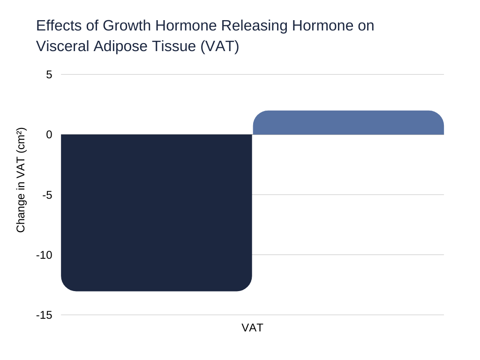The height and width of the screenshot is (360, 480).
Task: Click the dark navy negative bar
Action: (157, 212)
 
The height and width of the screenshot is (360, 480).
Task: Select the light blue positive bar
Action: (348, 122)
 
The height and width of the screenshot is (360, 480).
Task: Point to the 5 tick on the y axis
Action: (49, 75)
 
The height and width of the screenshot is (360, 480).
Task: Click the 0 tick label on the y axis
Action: (49, 135)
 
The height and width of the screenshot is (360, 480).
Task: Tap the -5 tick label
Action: (47, 195)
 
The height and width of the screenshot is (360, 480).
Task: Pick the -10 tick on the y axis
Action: (45, 255)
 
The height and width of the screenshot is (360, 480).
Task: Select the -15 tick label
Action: (45, 315)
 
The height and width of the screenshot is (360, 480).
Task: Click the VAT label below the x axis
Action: (252, 328)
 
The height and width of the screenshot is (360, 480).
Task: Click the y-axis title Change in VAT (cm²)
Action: (21, 180)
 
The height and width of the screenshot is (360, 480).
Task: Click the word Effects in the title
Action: (59, 25)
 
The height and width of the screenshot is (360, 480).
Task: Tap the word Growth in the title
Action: (127, 25)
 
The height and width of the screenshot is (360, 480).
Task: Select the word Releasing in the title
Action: (255, 26)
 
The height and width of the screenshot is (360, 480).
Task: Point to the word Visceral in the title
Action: (63, 46)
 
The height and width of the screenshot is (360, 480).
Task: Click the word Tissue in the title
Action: (174, 46)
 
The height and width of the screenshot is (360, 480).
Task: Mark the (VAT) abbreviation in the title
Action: (220, 47)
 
